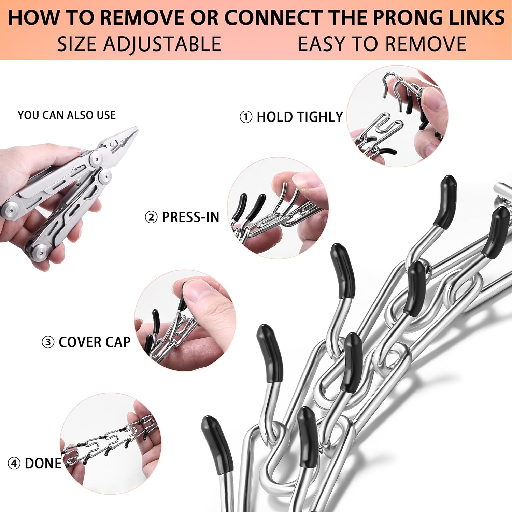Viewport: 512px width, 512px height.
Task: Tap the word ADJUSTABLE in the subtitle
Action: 162,44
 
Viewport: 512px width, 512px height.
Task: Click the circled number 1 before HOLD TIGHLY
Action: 246,117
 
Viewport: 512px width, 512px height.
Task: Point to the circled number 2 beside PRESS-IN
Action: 151,217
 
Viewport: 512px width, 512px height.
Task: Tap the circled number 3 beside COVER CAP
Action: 48,342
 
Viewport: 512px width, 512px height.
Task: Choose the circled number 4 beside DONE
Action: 14,464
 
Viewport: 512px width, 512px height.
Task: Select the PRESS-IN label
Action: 190,217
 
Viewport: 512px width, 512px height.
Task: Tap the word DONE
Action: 43,464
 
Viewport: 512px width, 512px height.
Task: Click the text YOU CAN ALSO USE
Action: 67,115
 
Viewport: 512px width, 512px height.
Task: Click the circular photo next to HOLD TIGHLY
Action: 398,116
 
